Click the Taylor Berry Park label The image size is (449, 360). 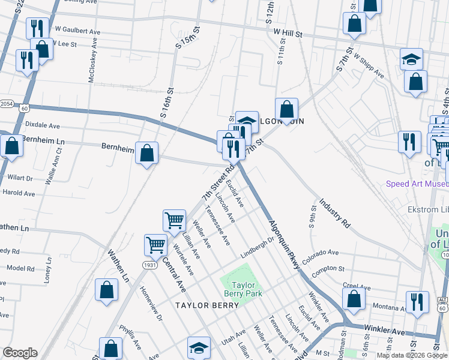(244, 290)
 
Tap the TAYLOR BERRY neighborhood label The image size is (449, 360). (207, 305)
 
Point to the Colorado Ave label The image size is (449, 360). (321, 256)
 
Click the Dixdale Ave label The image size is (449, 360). (42, 126)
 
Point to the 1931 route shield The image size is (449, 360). (150, 265)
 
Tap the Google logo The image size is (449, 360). (20, 353)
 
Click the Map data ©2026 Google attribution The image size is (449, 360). (412, 355)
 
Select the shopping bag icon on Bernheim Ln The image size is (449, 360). (147, 154)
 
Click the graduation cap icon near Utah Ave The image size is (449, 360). (199, 347)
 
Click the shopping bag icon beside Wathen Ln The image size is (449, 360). (106, 290)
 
